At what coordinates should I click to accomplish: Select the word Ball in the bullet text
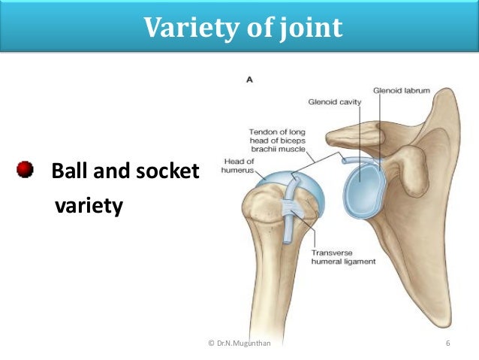coord(69,172)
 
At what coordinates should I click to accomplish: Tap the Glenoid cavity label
coord(335,101)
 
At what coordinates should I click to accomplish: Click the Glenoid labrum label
coord(405,89)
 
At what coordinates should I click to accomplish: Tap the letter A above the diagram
coord(249,77)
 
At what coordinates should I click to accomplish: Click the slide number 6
coord(447,343)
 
